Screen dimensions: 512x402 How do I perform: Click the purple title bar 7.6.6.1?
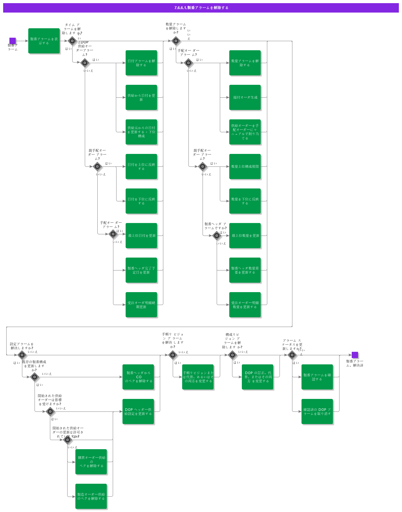(201, 8)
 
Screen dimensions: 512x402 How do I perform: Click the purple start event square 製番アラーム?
(13, 41)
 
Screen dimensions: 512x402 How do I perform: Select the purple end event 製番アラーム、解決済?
(355, 355)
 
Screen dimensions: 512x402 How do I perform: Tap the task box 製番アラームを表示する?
(44, 41)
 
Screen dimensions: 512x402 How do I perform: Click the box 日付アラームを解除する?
(141, 63)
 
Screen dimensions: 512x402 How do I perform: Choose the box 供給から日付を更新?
(141, 97)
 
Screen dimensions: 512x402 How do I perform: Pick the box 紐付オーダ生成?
(245, 97)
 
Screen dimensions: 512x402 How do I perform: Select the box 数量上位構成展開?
(245, 166)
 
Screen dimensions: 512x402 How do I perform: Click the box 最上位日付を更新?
(141, 236)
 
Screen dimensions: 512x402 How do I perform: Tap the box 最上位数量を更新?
(245, 236)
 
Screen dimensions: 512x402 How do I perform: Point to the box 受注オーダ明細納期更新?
(141, 305)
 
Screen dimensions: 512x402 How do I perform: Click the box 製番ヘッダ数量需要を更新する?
(245, 270)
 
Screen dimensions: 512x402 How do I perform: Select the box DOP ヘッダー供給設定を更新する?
(138, 411)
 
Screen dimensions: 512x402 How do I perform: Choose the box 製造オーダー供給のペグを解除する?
(91, 496)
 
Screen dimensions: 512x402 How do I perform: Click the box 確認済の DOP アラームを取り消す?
(317, 411)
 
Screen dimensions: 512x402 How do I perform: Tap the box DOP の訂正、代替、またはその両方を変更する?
(258, 377)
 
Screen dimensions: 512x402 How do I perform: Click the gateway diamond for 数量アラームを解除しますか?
(176, 41)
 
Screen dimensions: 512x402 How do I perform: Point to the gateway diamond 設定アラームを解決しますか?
(22, 355)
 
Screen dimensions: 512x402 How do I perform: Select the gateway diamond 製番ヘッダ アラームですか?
(217, 236)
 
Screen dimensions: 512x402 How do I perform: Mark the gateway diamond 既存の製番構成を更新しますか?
(35, 377)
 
